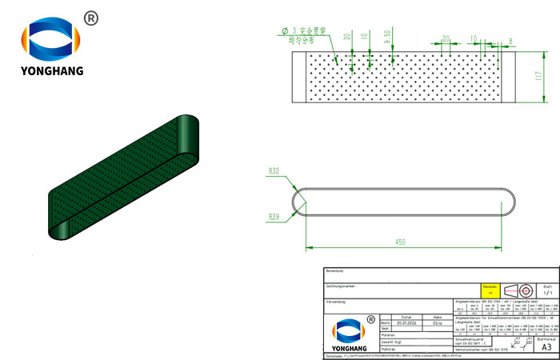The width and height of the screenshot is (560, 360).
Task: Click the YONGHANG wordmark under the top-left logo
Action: pos(52,71)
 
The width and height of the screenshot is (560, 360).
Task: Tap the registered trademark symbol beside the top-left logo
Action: pos(90,18)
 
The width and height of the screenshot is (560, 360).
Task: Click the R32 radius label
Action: pos(274,171)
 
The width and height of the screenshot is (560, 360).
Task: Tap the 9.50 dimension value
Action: pos(387,38)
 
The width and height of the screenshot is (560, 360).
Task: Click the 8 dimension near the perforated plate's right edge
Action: pos(510,39)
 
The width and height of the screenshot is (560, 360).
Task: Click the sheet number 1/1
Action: pos(546,294)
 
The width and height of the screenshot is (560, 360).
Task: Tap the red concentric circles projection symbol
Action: pos(526,290)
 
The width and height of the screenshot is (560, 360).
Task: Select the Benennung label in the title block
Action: pos(336,271)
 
